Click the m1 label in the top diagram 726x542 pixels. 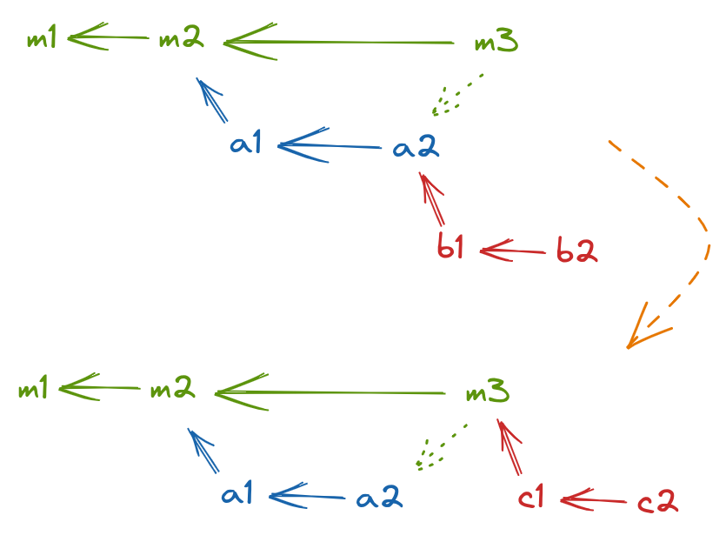coord(42,40)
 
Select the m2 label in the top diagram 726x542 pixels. coord(181,40)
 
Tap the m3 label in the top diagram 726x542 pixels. coord(496,42)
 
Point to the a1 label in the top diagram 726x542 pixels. coord(248,144)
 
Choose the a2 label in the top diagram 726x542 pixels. coord(416,148)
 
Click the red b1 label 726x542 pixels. coord(450,250)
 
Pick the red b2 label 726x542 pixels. coord(576,252)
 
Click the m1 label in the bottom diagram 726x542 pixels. coord(34,391)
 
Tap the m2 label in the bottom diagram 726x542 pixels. coord(171,391)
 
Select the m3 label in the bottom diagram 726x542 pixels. coord(486,393)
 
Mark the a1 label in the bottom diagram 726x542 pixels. coord(237,496)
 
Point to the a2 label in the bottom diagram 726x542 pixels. coord(378,498)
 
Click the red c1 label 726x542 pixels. coord(531,499)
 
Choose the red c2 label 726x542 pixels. coord(656,502)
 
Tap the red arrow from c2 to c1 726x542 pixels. coord(596,500)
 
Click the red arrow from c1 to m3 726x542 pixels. coord(510,448)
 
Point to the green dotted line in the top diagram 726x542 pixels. coord(458,95)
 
